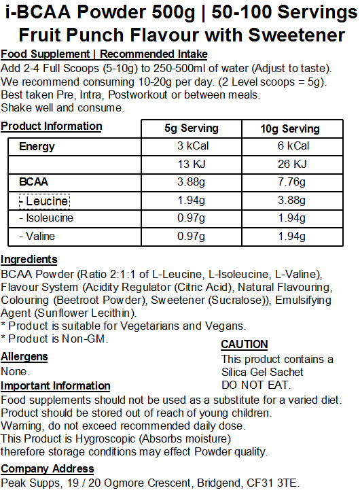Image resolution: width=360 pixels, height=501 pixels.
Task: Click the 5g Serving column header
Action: click(192, 128)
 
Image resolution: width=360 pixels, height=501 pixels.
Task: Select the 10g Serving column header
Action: click(290, 128)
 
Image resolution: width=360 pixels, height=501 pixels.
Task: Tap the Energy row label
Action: click(37, 146)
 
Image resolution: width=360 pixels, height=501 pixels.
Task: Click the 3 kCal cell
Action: click(192, 146)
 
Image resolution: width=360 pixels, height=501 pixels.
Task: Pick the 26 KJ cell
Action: click(290, 164)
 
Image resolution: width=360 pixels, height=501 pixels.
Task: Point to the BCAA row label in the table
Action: click(34, 182)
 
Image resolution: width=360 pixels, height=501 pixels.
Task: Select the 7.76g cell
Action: click(290, 182)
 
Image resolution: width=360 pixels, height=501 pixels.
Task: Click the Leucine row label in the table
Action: click(44, 201)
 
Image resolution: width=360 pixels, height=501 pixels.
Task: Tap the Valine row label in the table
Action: click(38, 236)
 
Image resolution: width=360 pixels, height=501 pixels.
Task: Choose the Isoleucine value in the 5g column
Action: click(192, 218)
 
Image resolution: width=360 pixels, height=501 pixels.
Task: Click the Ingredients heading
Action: click(29, 259)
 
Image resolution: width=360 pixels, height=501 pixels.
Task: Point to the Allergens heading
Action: click(24, 357)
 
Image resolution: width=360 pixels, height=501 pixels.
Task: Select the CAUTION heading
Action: click(245, 345)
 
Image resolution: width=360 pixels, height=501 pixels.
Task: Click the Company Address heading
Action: click(48, 469)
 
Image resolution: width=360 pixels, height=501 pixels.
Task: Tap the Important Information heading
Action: click(56, 386)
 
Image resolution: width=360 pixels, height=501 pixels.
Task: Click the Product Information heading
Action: click(52, 126)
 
